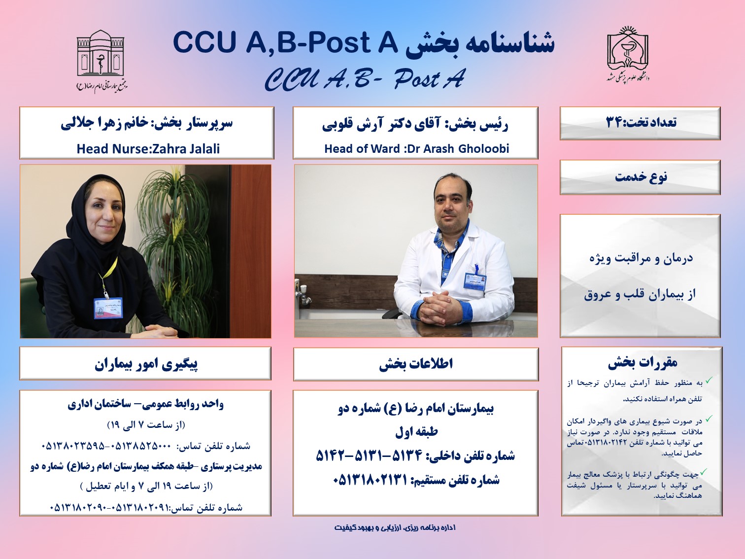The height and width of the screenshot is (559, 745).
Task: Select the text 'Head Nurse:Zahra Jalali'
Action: pyautogui.click(x=148, y=149)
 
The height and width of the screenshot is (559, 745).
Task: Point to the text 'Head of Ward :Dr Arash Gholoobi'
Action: pyautogui.click(x=416, y=149)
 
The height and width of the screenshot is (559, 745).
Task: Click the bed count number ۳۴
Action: pyautogui.click(x=614, y=122)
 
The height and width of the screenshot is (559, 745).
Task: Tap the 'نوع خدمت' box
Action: pyautogui.click(x=640, y=177)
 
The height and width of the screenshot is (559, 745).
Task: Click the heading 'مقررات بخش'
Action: pyautogui.click(x=643, y=363)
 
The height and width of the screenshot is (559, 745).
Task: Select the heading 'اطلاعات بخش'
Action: pyautogui.click(x=416, y=364)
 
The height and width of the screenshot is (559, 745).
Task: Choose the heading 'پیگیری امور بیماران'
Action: pyautogui.click(x=146, y=364)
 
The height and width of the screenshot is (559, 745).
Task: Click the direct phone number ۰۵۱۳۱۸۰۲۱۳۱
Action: pyautogui.click(x=371, y=480)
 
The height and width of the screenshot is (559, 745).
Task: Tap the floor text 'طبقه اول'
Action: pyautogui.click(x=416, y=432)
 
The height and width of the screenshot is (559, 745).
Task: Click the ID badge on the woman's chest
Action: pyautogui.click(x=108, y=308)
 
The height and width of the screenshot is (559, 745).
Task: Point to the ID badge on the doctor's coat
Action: pyautogui.click(x=474, y=281)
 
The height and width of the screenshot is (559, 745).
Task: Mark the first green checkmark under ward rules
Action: pyautogui.click(x=709, y=381)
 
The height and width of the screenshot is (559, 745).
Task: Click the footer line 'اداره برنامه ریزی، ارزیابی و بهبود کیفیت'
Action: pyautogui.click(x=395, y=528)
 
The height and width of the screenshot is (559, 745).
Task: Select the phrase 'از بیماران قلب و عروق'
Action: pyautogui.click(x=640, y=294)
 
